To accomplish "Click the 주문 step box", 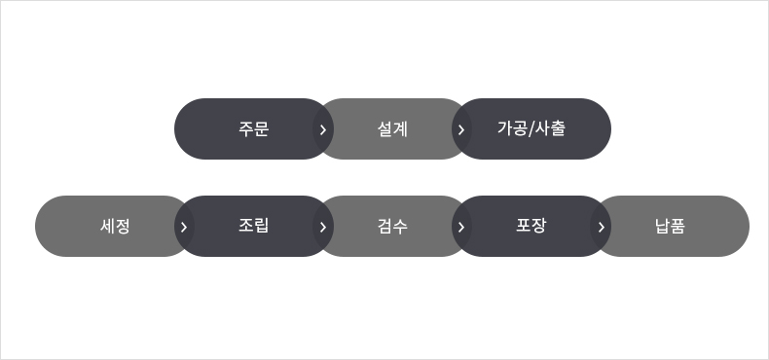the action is tap(253, 128).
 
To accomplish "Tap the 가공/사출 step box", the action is tap(531, 128).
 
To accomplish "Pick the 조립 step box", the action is tap(253, 227).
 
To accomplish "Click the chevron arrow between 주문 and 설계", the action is tap(323, 129).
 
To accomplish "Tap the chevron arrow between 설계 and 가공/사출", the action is tap(461, 129).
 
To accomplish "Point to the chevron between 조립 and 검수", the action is tap(323, 227).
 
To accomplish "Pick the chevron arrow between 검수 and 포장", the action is tap(461, 227).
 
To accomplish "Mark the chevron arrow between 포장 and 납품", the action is tap(601, 227).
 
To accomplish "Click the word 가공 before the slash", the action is tap(512, 128).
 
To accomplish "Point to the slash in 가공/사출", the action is tap(531, 128).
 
